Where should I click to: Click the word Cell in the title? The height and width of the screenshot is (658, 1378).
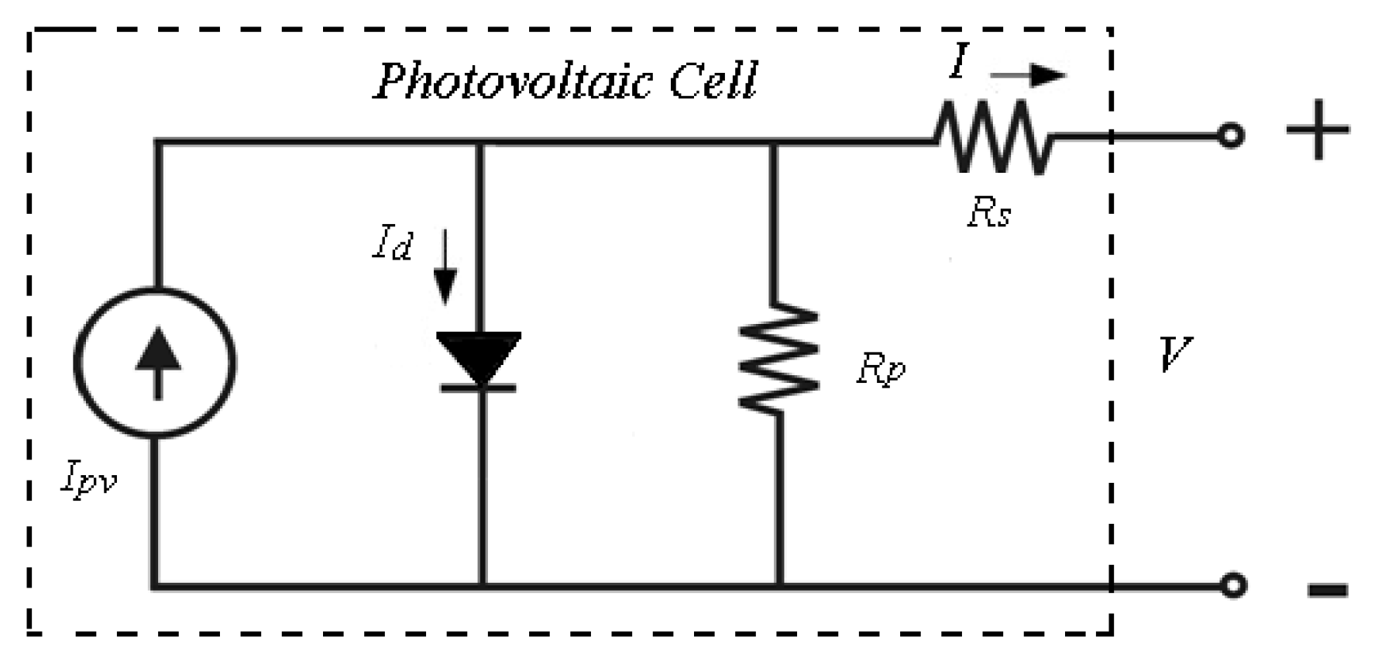coord(713,81)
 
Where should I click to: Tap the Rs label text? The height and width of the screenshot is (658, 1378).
coord(989,212)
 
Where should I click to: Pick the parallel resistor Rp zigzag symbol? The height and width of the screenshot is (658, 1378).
coord(778,357)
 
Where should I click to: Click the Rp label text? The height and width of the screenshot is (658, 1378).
coord(880,370)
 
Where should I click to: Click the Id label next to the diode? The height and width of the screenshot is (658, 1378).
coord(392,244)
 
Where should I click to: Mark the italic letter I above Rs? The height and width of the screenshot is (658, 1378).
coord(959,61)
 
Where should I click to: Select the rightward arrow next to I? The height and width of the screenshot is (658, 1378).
coord(1028,75)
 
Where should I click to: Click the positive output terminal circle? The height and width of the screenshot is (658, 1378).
coord(1231,136)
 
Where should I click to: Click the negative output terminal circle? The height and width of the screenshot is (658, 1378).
coord(1232,585)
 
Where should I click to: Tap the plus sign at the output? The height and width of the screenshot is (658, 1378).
coord(1318,129)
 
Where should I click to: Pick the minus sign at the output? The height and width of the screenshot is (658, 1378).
coord(1328,591)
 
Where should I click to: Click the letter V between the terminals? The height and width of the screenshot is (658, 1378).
coord(1174,355)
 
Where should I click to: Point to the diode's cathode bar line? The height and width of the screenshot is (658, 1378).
coord(479,387)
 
